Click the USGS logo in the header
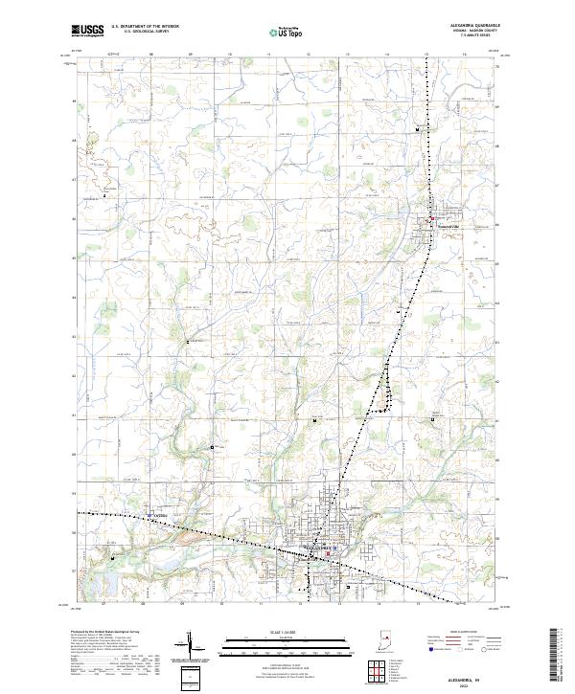point(87,31)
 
